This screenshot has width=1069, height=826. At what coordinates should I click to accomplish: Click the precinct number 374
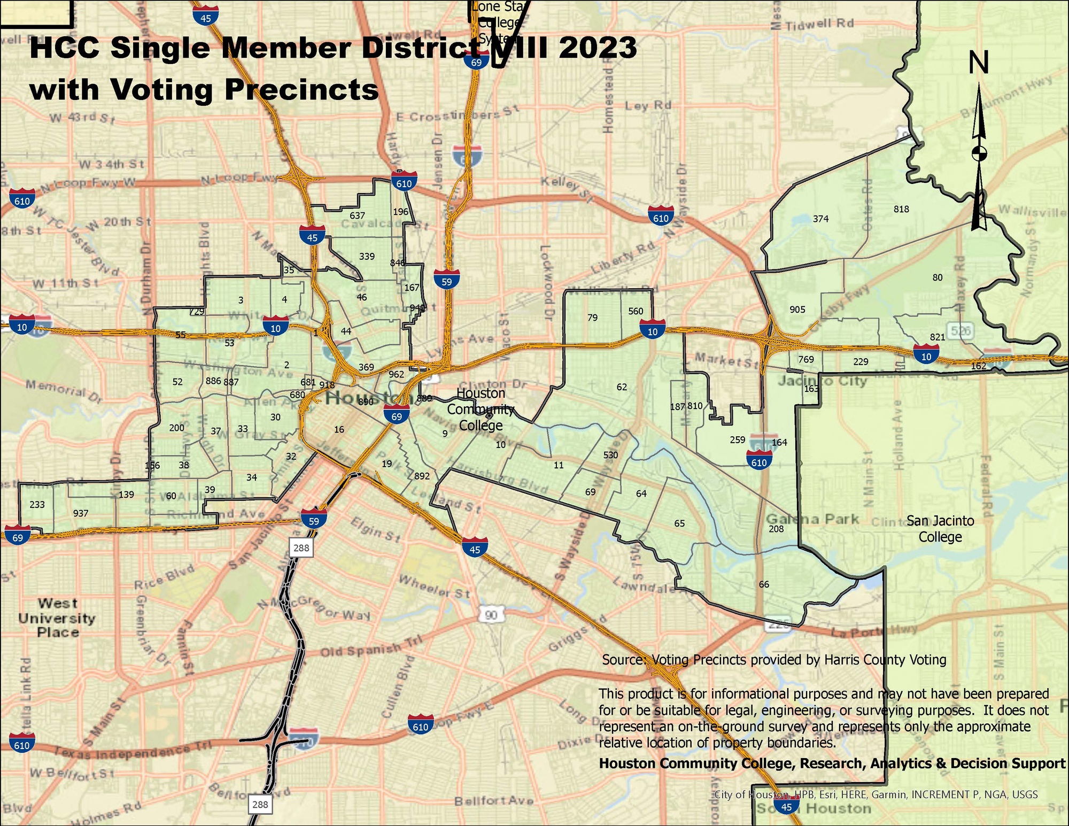(x=820, y=219)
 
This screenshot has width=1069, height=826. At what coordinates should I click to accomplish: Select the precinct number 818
(x=901, y=209)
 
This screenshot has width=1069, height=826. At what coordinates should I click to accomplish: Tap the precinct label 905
(x=797, y=310)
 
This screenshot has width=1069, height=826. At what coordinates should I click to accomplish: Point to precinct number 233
(x=37, y=504)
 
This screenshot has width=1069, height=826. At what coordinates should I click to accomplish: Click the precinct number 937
(x=80, y=513)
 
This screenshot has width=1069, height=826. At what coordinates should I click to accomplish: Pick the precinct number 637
(x=357, y=215)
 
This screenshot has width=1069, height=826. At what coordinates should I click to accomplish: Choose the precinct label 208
(x=776, y=529)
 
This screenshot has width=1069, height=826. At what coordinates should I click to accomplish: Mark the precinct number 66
(x=764, y=584)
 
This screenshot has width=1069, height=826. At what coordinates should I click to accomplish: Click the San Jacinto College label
(x=940, y=528)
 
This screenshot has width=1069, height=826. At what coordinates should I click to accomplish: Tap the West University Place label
(x=58, y=618)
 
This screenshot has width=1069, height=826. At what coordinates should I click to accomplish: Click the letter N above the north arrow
(x=979, y=63)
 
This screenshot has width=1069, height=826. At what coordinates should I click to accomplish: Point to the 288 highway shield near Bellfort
(x=260, y=805)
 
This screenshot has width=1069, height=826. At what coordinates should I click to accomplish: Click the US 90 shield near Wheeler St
(x=491, y=615)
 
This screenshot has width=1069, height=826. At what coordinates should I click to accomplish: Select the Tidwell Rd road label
(x=819, y=24)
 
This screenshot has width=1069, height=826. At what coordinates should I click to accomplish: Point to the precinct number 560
(x=636, y=311)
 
